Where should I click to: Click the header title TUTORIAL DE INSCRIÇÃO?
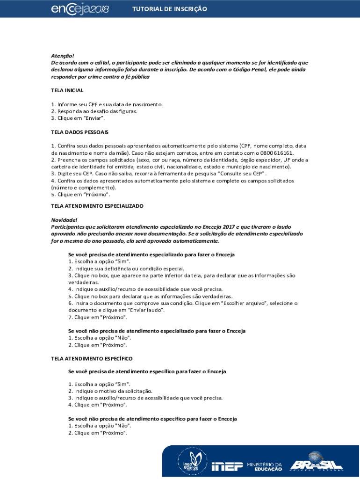[x=169, y=9]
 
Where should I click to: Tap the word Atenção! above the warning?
[x=63, y=55]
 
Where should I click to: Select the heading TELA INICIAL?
[x=67, y=90]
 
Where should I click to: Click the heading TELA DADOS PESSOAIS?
[x=79, y=132]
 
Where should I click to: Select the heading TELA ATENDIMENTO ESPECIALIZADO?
[x=97, y=206]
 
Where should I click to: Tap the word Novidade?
[x=64, y=220]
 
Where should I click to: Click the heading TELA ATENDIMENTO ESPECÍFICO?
[x=92, y=358]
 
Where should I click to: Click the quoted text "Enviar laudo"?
[x=145, y=310]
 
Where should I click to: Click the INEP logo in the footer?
[x=227, y=465]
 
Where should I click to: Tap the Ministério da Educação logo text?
[x=265, y=465]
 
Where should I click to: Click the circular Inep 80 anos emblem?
[x=189, y=463]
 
